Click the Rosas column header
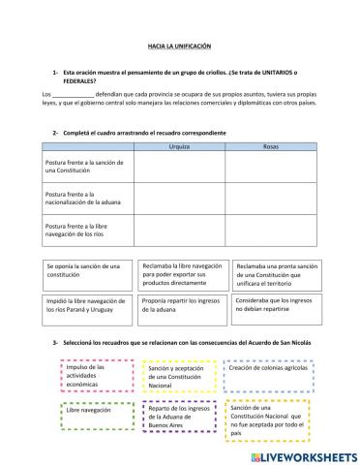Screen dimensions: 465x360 (x=272, y=146)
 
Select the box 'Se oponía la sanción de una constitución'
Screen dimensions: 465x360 (x=85, y=271)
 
